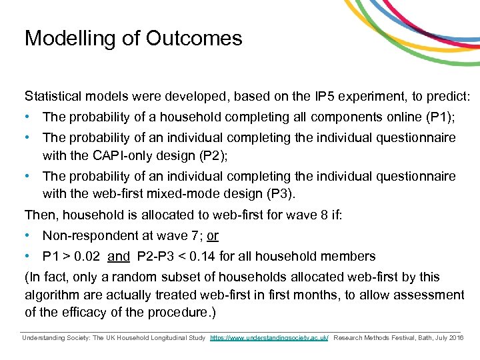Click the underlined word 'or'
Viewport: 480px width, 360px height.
[213, 236]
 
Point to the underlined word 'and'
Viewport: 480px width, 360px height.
[119, 256]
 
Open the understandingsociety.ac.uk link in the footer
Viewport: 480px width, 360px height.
[269, 338]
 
